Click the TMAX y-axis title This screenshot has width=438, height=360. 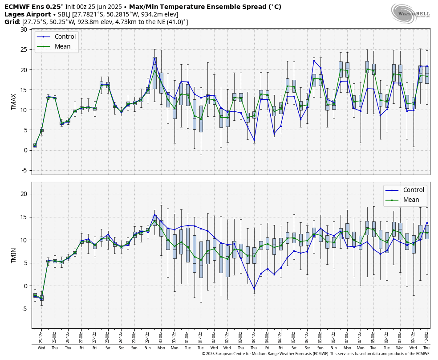(x=14, y=102)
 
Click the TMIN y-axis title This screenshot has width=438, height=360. (x=14, y=255)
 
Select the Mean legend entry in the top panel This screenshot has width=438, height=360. (x=62, y=46)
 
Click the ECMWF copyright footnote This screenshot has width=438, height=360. (x=316, y=354)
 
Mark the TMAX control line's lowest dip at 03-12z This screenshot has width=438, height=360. (x=254, y=140)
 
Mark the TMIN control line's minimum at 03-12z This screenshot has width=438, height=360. (x=254, y=289)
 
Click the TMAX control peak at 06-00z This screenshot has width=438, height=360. (x=314, y=61)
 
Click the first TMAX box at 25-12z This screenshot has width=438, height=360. (x=35, y=145)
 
